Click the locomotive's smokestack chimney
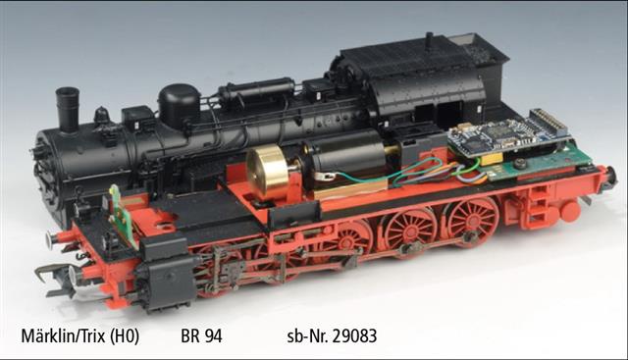(x=68, y=109)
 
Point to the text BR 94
(x=201, y=336)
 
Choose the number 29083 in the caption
(x=354, y=336)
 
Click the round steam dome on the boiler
(x=179, y=106)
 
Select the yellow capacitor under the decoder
(x=495, y=159)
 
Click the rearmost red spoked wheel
(x=473, y=221)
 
